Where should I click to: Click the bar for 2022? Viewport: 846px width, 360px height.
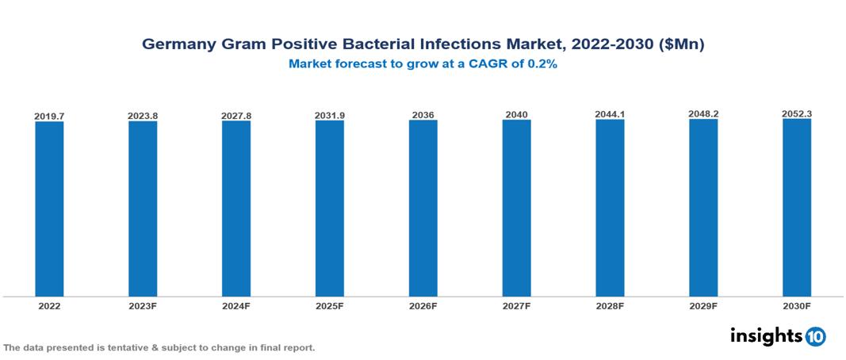49,209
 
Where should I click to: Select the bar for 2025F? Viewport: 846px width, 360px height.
329,209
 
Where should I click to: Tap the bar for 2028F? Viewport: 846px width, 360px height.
610,208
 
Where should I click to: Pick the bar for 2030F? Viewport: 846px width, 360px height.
797,207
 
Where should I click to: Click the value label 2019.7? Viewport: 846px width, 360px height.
49,117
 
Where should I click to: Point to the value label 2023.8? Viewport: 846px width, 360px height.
143,117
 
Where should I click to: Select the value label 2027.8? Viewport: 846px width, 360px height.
236,117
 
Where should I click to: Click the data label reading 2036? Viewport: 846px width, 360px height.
423,116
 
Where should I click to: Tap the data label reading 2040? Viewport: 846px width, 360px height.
516,115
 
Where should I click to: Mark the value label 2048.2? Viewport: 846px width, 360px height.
703,114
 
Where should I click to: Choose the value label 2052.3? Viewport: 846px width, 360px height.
797,114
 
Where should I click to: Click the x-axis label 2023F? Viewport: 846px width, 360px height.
143,305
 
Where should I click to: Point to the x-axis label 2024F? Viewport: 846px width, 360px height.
236,305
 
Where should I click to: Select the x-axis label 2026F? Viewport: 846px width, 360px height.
423,305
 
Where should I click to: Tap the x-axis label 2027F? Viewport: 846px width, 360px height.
516,305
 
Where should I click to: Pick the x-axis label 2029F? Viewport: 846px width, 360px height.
703,305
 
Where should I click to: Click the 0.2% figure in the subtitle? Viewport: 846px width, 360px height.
542,64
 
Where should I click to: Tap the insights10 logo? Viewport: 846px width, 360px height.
777,336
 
